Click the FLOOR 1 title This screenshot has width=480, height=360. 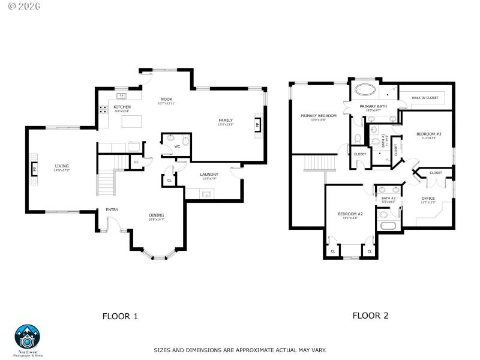[120, 316]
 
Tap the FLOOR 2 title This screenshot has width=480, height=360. [370, 315]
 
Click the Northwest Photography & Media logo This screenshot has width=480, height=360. [27, 340]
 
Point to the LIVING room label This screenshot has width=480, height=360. [62, 166]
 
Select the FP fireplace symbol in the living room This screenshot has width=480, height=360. [34, 169]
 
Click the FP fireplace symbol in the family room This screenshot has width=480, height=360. [258, 126]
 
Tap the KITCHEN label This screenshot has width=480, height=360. [122, 107]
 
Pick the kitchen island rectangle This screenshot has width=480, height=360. [135, 121]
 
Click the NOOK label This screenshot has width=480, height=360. [167, 99]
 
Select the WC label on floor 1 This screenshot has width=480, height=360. [177, 146]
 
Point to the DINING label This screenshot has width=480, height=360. [157, 215]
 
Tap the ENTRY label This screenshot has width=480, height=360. [112, 209]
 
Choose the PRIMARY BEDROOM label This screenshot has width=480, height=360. [319, 115]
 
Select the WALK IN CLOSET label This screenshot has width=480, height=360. [425, 97]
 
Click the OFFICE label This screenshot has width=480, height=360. [428, 198]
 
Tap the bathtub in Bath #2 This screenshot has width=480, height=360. [387, 226]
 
